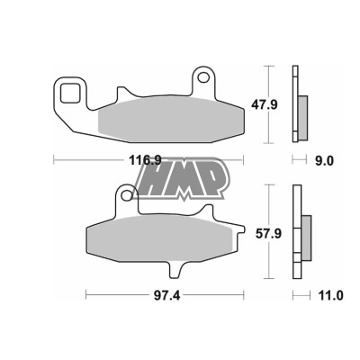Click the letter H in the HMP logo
point(157,180)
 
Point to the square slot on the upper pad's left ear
point(69,91)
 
